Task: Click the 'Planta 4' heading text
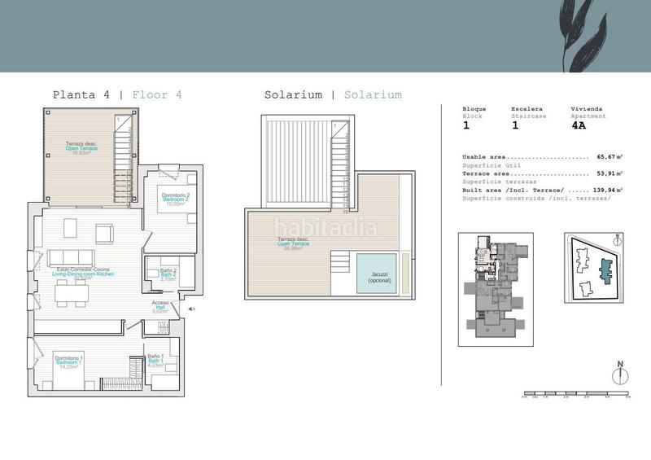81,94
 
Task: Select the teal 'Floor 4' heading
156,94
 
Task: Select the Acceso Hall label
160,307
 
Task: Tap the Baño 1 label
156,359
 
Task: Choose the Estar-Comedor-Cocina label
83,273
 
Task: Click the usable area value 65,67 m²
609,156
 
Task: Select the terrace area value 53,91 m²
609,173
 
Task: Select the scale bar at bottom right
575,395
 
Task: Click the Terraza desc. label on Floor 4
82,147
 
